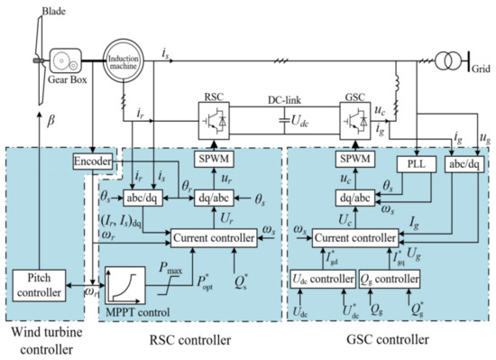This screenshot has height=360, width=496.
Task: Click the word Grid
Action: point(479,68)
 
